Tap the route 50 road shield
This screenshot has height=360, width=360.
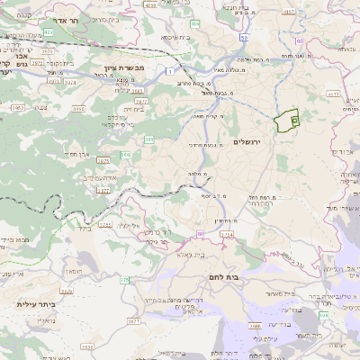[x=245, y=38]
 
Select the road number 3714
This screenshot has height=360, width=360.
[x=225, y=233]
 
